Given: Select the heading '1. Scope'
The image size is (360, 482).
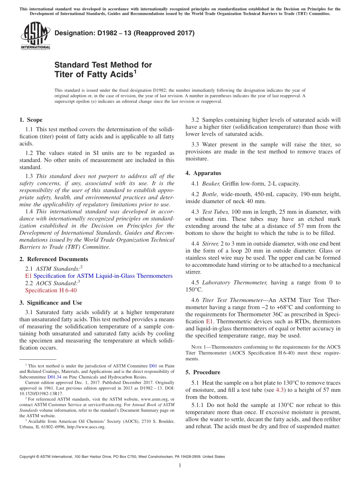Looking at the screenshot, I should click(x=31, y=120).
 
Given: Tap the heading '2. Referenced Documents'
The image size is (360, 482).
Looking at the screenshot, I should click(x=53, y=259).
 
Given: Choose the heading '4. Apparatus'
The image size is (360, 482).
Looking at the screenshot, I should click(x=203, y=173).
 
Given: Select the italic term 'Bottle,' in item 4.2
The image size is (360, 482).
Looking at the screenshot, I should click(x=210, y=194).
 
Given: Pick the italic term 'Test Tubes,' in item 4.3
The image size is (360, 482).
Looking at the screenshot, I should click(x=216, y=212).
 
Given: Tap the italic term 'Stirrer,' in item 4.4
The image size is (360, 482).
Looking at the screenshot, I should click(x=210, y=244).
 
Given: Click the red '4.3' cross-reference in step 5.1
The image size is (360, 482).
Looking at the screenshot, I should click(x=279, y=390).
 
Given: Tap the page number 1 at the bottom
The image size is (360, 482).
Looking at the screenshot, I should click(x=180, y=466).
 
